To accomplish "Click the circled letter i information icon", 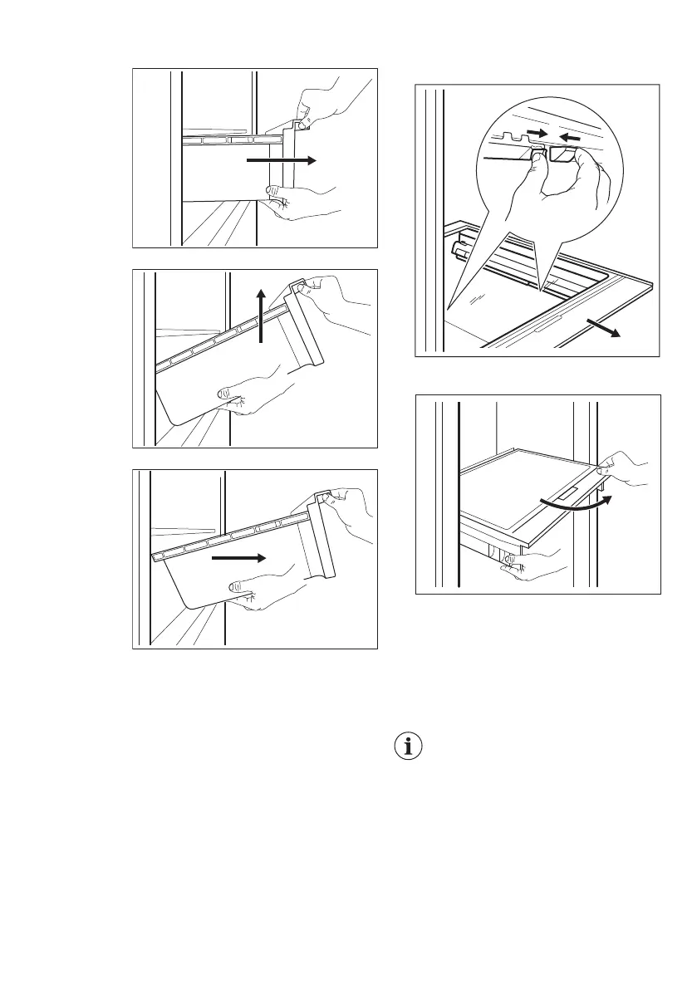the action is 407,747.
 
